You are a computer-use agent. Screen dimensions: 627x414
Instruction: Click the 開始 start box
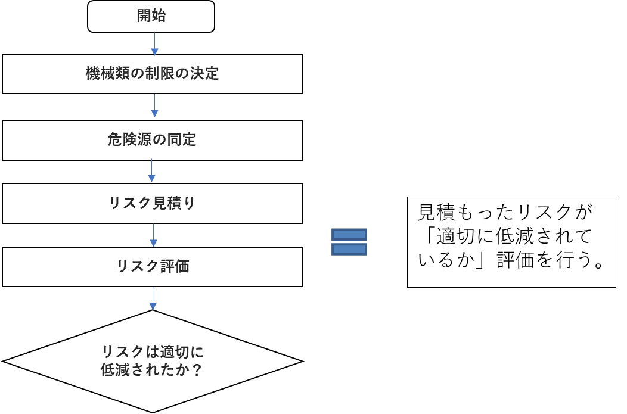click(x=151, y=17)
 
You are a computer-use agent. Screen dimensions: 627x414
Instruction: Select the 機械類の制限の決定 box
click(x=153, y=74)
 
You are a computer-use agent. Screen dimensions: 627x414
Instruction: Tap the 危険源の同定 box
click(x=153, y=140)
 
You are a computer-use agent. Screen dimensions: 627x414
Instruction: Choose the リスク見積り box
click(x=153, y=203)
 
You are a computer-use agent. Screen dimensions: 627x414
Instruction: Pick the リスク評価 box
click(x=153, y=267)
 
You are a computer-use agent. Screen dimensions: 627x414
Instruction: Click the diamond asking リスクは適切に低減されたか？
click(x=153, y=362)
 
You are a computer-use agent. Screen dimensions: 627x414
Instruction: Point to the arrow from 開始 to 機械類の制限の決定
click(x=155, y=43)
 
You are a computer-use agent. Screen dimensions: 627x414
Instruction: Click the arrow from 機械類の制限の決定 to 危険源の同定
click(x=155, y=105)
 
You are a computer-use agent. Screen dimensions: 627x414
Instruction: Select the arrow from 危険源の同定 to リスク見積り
click(x=151, y=171)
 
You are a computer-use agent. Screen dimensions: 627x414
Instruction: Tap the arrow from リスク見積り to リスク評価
click(x=153, y=235)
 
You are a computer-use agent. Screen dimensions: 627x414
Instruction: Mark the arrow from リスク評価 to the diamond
click(x=153, y=298)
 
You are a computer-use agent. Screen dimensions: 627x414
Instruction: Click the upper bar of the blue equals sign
click(x=349, y=235)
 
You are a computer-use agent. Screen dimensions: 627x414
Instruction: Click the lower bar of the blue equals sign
click(x=349, y=250)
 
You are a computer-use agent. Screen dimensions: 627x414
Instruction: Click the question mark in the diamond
click(x=196, y=370)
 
